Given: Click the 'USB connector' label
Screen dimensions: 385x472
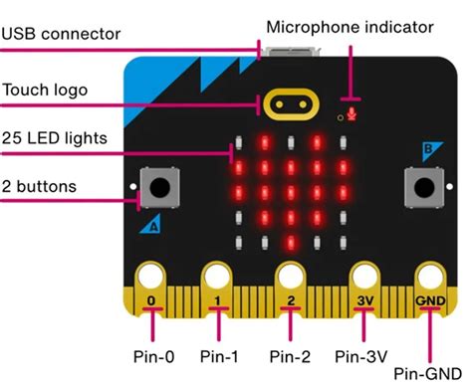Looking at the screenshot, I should click(x=61, y=35).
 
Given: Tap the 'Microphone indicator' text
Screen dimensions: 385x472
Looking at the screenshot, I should click(x=350, y=26).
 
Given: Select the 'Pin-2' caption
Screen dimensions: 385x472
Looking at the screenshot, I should click(x=291, y=354).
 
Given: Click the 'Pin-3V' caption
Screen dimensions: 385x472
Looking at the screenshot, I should click(x=361, y=354).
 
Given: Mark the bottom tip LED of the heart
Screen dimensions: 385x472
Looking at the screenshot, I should click(x=290, y=241).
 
